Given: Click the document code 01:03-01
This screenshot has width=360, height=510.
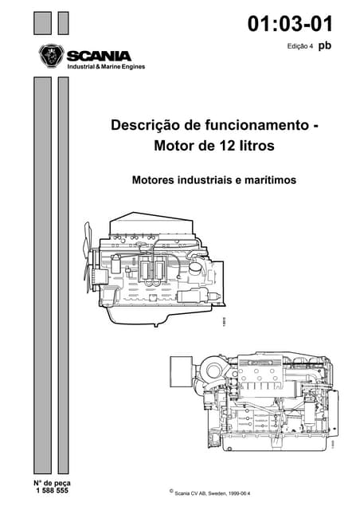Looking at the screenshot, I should coord(290,24).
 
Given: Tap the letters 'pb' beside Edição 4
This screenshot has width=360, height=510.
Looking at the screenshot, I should coord(324,46).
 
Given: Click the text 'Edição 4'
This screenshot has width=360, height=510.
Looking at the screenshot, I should coord(302,48).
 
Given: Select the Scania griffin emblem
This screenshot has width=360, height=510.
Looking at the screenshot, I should coord(50,57).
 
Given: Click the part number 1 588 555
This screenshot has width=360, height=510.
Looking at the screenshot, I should coord(52,491).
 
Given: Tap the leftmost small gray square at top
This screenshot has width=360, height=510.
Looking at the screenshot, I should coord(41,24).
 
